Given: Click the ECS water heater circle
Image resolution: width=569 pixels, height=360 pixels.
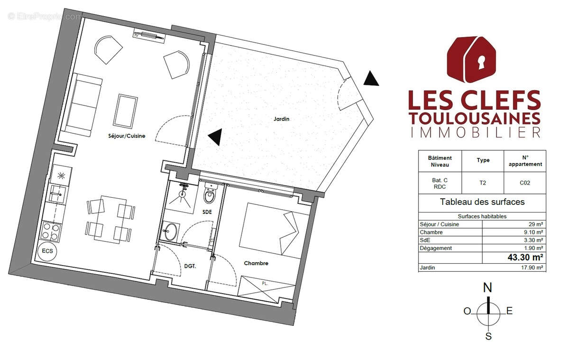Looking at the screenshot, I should [47, 251].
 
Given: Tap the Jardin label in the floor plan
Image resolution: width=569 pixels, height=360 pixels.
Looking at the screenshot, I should [281, 119].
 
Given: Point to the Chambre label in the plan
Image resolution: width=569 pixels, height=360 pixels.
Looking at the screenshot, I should [256, 263].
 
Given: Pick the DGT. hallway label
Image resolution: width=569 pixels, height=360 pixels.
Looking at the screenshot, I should [190, 267].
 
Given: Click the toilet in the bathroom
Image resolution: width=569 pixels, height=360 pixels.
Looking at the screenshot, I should [209, 194].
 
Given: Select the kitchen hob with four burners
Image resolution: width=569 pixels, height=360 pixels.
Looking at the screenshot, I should [51, 232].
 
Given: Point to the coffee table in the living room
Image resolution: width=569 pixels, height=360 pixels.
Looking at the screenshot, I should [126, 110].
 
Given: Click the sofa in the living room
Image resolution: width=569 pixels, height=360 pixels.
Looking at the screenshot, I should [84, 105].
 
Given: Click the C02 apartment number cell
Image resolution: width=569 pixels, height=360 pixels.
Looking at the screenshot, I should [524, 181].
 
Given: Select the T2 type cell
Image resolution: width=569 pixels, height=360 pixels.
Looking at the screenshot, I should [483, 181].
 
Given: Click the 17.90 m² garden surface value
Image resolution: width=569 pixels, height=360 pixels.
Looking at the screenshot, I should [532, 268].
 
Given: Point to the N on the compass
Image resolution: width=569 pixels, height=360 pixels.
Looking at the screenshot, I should [487, 288].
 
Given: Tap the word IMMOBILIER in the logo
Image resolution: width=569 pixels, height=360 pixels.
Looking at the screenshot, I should [474, 132].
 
